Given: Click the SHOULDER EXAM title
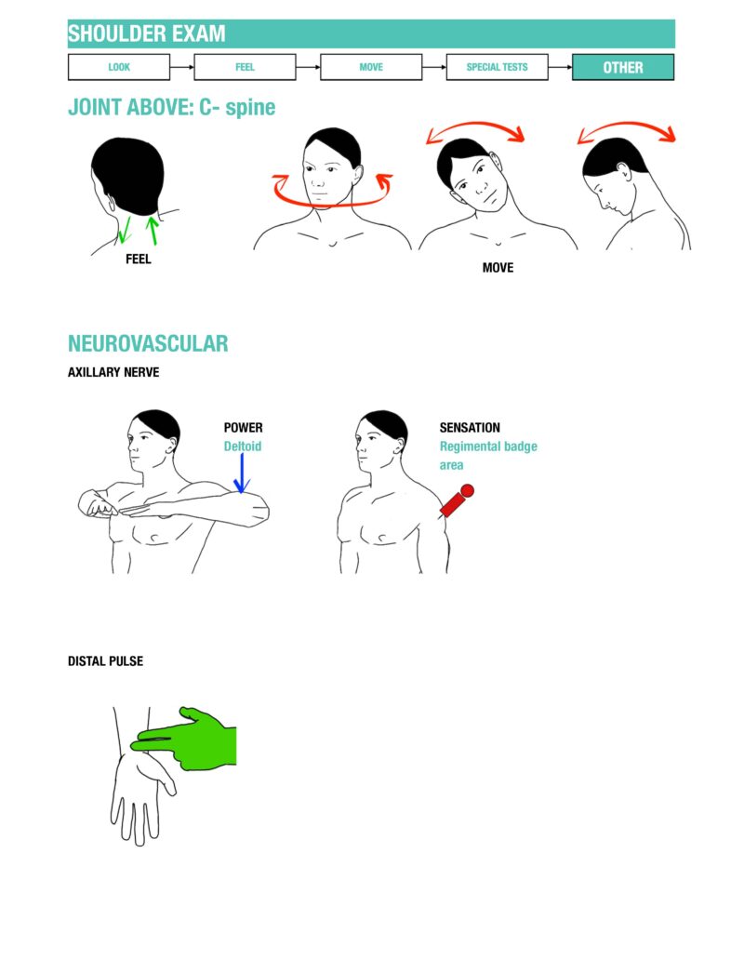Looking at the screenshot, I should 147,34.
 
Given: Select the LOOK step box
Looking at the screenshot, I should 119,67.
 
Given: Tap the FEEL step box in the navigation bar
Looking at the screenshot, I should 245,67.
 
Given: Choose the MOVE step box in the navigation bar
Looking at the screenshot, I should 371,67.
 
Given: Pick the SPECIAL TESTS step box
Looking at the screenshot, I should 497,67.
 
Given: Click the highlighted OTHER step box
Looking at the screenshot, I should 623,67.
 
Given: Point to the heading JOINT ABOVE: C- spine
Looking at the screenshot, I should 172,107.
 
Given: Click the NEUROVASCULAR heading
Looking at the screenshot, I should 148,343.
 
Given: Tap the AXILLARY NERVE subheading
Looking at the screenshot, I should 113,372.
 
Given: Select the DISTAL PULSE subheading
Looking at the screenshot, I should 105,661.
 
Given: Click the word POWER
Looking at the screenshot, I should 243,428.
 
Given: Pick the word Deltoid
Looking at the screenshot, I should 243,447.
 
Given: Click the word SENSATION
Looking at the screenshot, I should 470,428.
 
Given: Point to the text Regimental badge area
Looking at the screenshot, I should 487,455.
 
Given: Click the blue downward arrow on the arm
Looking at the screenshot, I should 241,473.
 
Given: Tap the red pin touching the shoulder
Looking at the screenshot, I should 457,500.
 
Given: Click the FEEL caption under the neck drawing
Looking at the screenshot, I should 138,260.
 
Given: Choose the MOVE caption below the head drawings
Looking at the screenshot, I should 498,268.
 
